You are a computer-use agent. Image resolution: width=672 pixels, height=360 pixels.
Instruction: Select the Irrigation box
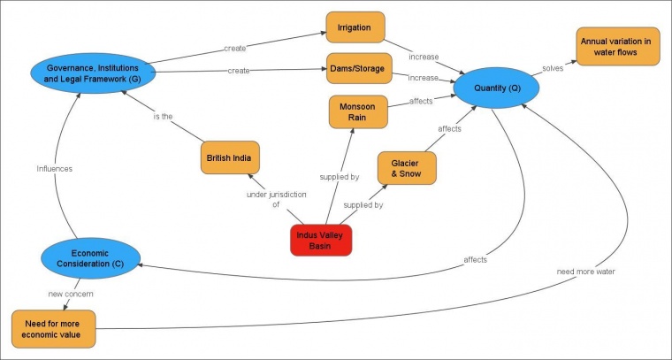355,27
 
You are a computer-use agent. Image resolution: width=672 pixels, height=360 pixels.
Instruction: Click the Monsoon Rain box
358,112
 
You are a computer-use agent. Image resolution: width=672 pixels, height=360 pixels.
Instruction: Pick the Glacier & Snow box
407,167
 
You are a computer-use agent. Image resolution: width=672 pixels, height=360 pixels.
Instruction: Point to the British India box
229,158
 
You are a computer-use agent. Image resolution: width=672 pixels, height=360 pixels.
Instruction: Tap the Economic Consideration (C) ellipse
91,257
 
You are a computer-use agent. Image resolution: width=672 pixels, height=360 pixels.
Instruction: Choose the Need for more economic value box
53,327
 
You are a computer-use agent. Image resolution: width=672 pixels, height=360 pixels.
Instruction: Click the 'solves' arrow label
554,68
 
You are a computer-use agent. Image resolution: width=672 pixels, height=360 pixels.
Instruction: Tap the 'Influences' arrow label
54,168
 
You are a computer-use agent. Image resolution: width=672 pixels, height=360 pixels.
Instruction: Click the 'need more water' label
585,271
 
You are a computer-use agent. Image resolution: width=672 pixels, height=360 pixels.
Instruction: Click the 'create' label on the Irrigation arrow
235,48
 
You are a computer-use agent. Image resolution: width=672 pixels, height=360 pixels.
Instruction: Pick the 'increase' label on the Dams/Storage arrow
423,78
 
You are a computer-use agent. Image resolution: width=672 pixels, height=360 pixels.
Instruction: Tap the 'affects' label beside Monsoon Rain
421,101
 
